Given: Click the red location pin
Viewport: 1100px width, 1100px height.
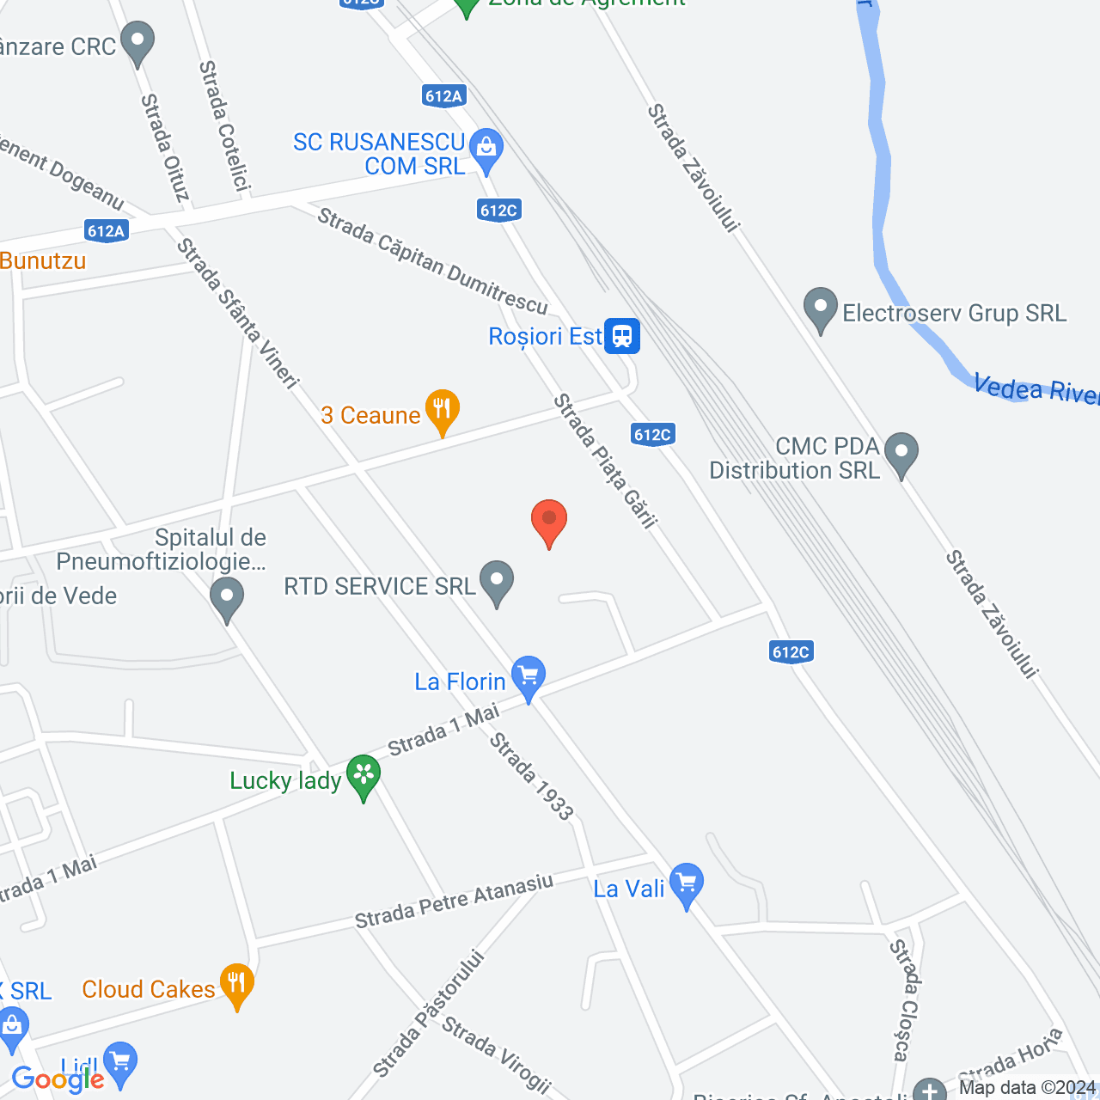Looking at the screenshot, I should tap(548, 521).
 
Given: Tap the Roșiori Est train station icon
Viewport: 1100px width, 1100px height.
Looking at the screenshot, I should tap(621, 335).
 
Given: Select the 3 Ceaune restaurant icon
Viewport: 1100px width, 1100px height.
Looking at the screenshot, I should tap(442, 411).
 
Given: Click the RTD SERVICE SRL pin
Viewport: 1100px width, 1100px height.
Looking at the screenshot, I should tap(497, 581).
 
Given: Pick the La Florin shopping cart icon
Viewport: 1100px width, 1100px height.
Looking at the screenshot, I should tap(529, 677).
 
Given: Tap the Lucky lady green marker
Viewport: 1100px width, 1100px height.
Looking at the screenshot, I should tap(364, 775).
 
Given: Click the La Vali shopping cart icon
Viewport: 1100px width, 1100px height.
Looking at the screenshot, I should tap(686, 883).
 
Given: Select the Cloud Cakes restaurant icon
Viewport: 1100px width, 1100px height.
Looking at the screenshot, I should tap(236, 985).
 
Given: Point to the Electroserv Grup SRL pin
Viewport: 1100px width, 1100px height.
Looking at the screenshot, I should tap(821, 309).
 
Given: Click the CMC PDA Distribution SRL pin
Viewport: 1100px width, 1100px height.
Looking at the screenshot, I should tap(901, 452).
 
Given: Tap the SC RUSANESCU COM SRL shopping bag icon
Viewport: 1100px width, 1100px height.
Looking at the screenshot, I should tap(486, 150).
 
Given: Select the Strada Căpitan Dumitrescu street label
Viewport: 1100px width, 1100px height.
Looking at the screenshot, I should tap(431, 261).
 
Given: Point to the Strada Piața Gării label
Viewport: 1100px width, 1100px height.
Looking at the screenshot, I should tap(605, 460).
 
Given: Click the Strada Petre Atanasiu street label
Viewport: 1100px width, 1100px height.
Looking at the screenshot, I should tap(454, 901).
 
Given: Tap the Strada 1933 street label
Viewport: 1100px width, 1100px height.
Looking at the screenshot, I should tap(531, 776).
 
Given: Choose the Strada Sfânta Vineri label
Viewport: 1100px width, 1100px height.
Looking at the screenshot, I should tap(237, 313).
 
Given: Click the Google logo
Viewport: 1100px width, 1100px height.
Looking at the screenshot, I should tap(58, 1079).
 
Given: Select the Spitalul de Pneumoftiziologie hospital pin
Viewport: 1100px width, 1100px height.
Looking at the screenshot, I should tap(227, 598).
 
